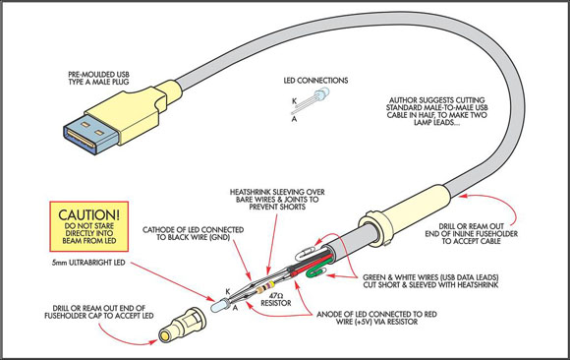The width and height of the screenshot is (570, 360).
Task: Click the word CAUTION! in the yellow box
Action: (88, 214)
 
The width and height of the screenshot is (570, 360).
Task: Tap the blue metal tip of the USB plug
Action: (89, 137)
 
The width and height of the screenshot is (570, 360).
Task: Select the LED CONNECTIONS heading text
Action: (315, 81)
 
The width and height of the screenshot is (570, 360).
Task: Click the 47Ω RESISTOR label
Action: (276, 299)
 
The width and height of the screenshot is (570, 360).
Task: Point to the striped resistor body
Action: (264, 287)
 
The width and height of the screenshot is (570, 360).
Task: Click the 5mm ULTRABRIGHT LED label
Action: (88, 263)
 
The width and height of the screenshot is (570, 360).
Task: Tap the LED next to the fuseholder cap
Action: (219, 305)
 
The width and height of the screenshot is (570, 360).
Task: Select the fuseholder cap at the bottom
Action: (183, 325)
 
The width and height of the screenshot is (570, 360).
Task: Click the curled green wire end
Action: (314, 271)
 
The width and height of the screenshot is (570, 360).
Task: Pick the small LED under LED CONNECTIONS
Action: (321, 93)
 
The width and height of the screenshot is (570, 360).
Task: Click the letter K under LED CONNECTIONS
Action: (294, 101)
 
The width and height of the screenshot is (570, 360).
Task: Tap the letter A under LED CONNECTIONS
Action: (294, 119)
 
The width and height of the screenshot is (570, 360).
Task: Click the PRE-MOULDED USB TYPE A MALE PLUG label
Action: (98, 79)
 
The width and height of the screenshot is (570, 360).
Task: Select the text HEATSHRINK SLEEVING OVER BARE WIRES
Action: (277, 196)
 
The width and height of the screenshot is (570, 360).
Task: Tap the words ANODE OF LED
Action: (340, 314)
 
